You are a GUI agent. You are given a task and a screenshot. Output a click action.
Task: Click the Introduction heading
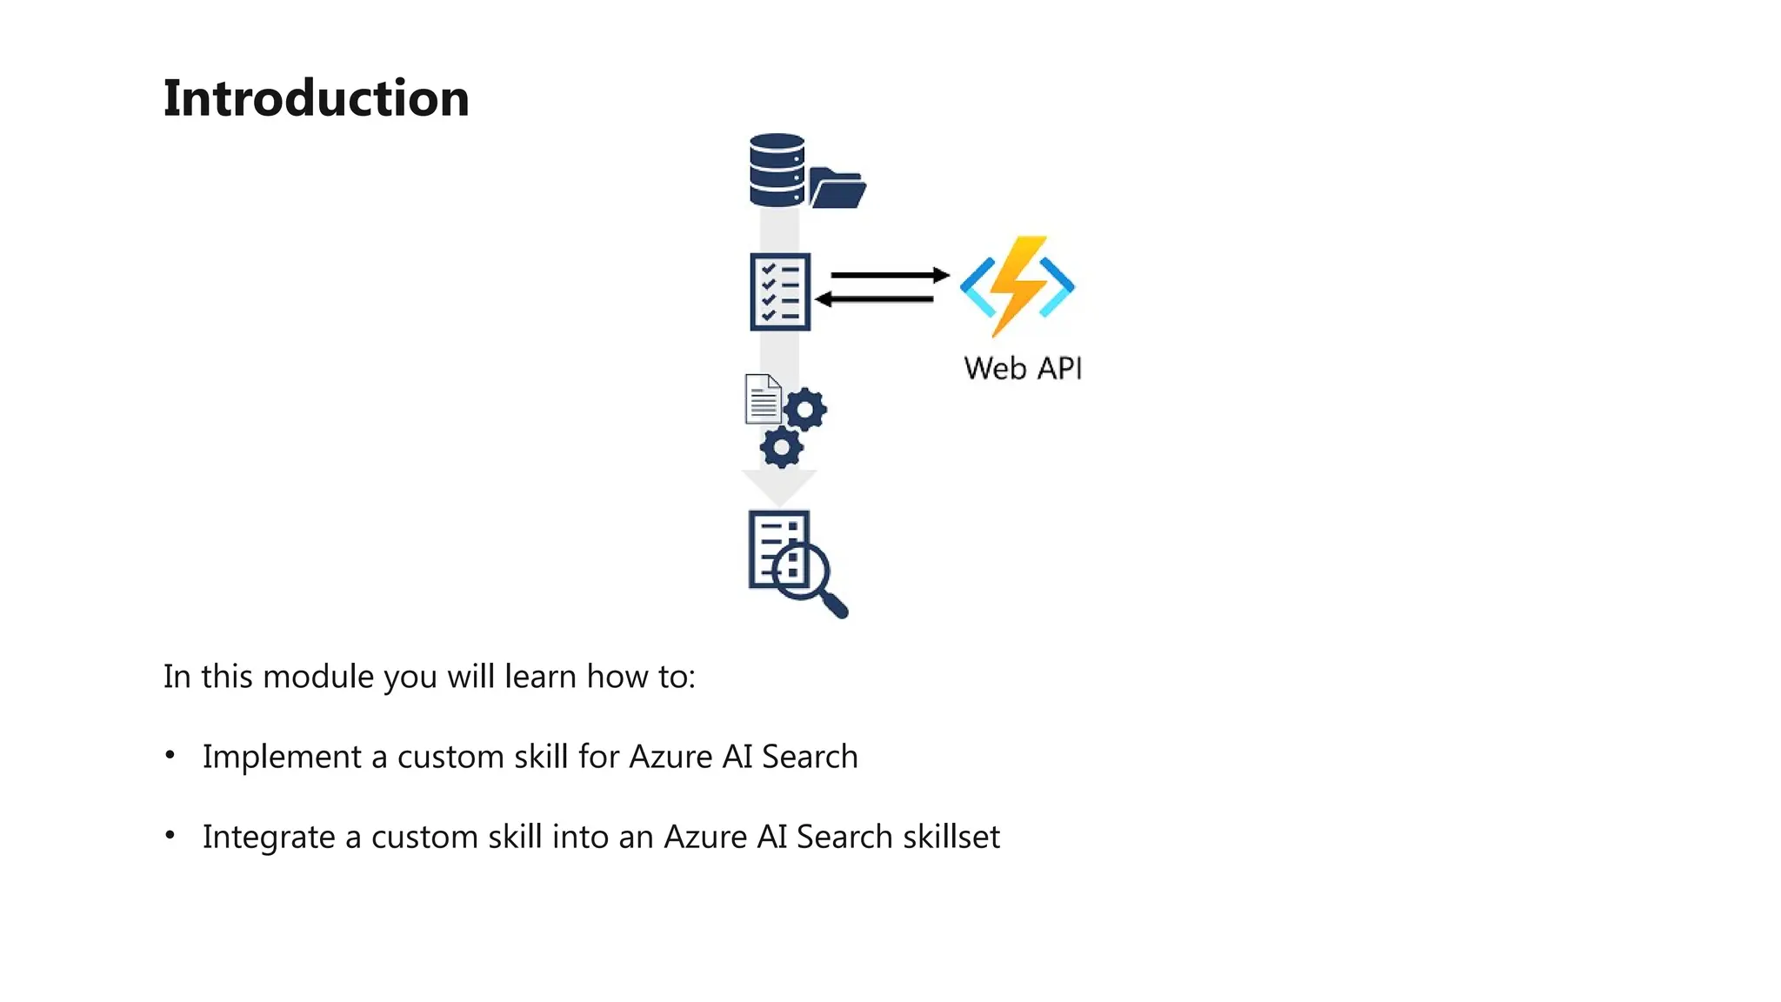point(316,97)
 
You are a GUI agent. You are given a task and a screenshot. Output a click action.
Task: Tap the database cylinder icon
point(776,170)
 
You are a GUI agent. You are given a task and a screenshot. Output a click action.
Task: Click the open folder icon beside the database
point(837,189)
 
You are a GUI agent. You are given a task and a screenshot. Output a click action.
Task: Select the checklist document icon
point(780,292)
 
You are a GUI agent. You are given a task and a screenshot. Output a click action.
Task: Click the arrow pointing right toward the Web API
point(889,275)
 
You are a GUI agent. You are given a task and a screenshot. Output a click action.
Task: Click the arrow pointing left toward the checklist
point(875,299)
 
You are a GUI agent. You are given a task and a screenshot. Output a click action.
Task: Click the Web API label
point(1023,368)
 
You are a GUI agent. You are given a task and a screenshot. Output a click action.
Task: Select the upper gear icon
point(805,409)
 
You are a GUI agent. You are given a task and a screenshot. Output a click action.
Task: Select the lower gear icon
point(781,448)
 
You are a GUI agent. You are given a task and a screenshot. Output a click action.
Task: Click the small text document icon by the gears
point(763,399)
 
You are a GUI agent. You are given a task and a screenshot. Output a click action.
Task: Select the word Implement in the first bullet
point(281,757)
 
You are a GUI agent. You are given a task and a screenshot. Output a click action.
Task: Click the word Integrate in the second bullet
point(268,837)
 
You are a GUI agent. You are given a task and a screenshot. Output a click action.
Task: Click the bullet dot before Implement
point(170,755)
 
